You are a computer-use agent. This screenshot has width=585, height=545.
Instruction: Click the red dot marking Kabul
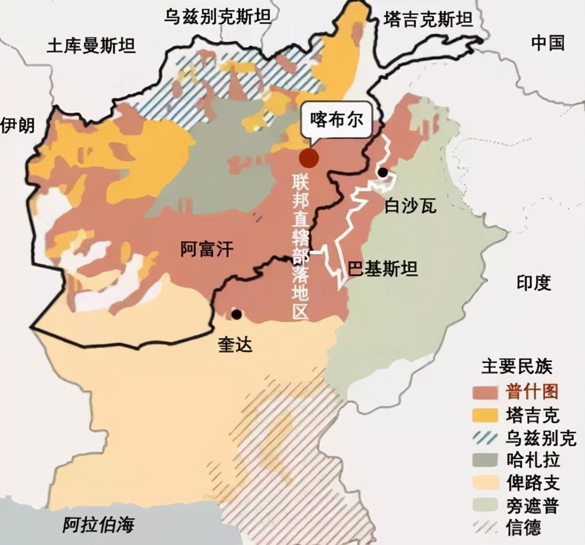coord(309,157)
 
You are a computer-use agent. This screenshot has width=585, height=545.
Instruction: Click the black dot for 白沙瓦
coord(383,173)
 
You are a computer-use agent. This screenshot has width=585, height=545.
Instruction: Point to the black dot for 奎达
coord(236,315)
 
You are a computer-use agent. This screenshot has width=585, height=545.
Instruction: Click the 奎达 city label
coord(236,344)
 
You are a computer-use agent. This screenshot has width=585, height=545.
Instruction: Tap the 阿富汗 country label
coord(207,250)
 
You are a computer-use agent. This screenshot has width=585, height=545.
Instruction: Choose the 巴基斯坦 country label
coord(383,269)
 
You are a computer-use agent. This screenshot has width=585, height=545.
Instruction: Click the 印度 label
coord(534,282)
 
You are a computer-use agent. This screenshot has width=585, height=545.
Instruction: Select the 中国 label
coord(548,43)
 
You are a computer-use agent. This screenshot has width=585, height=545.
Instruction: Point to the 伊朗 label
coord(18,125)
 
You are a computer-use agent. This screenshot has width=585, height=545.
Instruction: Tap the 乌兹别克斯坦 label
coord(218,16)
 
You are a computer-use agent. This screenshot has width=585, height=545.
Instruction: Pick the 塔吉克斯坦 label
coord(428,20)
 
